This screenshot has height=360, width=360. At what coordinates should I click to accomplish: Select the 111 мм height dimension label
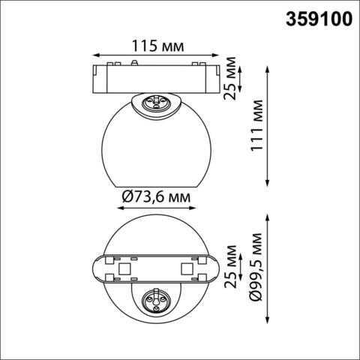257,126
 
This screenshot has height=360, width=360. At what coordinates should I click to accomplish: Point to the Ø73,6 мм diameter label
155,196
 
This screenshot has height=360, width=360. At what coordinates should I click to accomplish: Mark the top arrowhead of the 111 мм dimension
268,67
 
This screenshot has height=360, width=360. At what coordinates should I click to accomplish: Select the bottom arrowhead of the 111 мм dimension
268,184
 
